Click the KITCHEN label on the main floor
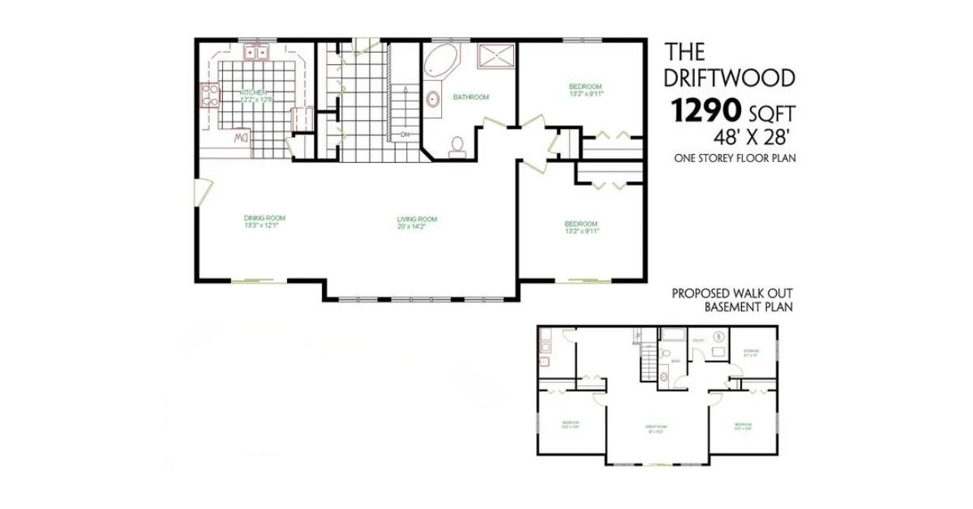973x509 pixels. pos(253,92)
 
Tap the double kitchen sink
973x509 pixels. pos(258,53)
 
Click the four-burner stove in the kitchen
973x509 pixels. pos(209,95)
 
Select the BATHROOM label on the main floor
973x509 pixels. pos(471,97)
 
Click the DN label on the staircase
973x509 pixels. pos(405,134)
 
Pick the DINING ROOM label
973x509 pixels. pos(264,217)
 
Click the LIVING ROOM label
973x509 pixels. pos(417,219)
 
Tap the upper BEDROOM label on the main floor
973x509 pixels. pos(585,87)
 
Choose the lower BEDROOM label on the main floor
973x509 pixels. pos(581,224)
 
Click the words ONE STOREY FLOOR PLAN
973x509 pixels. pos(734,159)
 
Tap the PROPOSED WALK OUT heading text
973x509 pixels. pos(731,293)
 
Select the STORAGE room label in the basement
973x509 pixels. pos(750,352)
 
